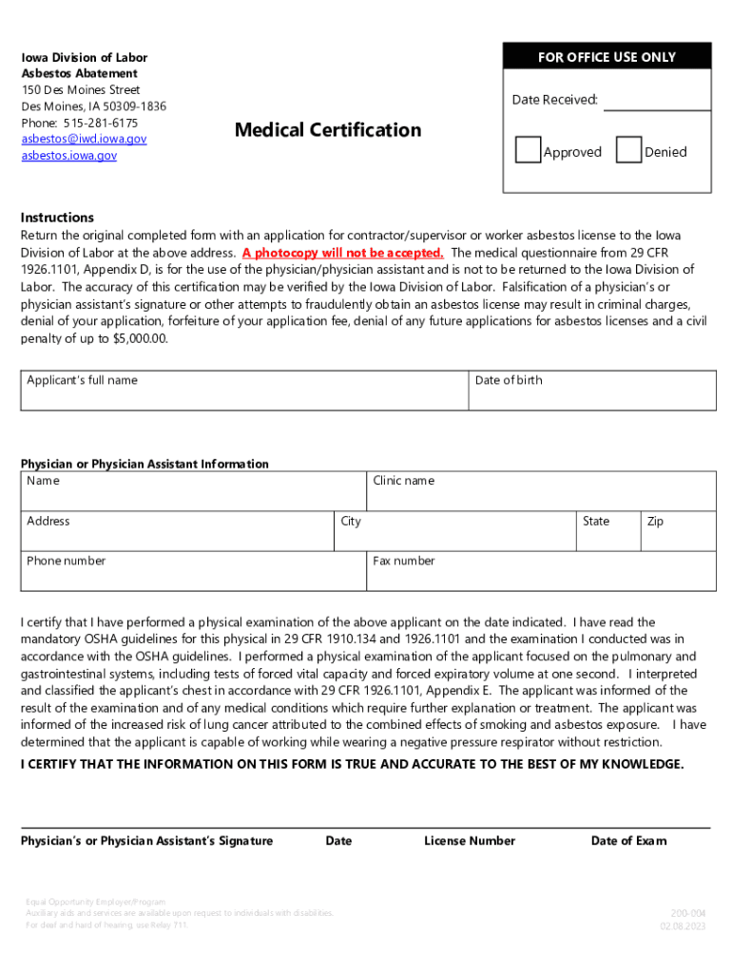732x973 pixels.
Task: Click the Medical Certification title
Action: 328,130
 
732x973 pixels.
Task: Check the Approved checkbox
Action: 528,150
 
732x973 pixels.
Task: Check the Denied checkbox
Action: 628,150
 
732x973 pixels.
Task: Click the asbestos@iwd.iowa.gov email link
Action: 85,139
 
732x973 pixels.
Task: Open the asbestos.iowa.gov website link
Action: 69,155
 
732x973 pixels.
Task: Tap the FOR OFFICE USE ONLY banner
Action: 607,57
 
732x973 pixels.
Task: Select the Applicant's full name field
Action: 244,391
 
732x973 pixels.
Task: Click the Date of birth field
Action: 592,391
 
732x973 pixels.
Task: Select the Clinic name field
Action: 542,491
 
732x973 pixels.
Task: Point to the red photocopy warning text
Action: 342,253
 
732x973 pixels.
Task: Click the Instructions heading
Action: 57,218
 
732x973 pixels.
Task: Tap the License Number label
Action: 470,841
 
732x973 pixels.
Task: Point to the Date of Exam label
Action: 628,841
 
